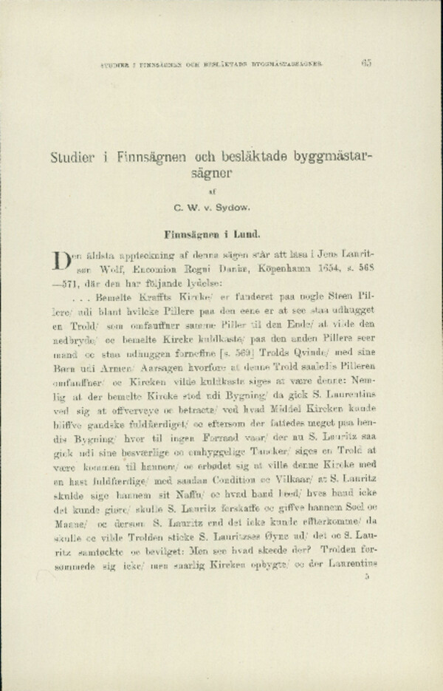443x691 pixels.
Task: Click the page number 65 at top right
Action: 365,64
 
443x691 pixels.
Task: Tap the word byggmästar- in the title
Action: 335,157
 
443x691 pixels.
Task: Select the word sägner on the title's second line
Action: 213,176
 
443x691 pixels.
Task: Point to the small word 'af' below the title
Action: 212,194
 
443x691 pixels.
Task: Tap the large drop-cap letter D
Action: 61,262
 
